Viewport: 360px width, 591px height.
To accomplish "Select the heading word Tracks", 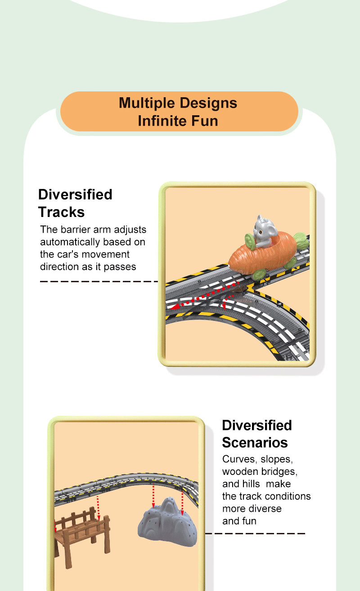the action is coord(61,212).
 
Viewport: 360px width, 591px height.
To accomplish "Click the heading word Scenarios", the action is coord(255,442).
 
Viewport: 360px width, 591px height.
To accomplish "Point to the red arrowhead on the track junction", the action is coord(176,307).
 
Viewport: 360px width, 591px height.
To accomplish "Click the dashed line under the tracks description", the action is coord(99,281).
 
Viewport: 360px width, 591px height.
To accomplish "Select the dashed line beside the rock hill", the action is coord(255,533).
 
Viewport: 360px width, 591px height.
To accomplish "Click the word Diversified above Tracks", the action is coord(75,194).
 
